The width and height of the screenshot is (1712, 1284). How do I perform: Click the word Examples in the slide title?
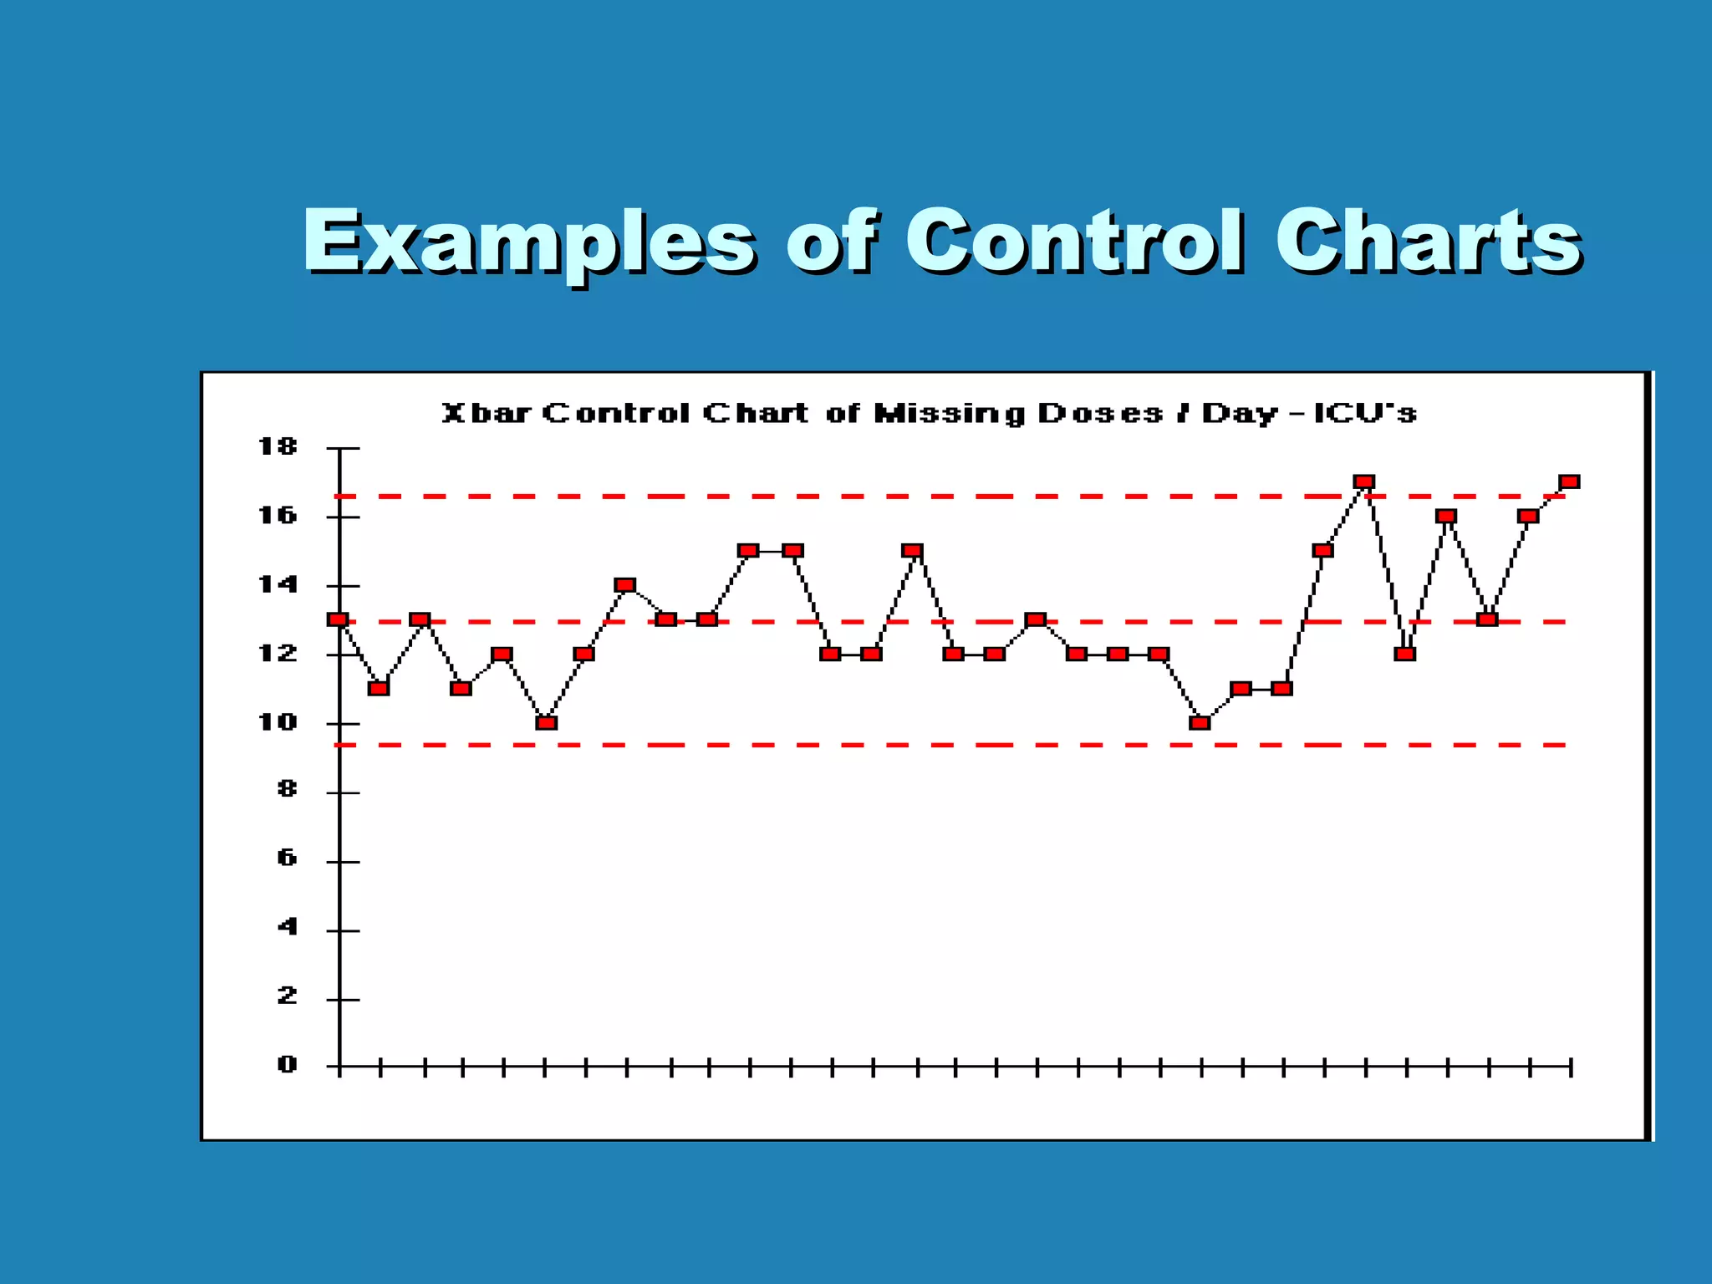pos(528,242)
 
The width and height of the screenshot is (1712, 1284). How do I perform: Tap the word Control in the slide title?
pos(1074,242)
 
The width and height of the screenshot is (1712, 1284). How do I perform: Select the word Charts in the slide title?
pos(1427,242)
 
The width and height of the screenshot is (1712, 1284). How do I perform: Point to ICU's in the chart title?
pos(1365,414)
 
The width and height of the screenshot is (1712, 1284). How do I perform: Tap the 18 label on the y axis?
pos(278,447)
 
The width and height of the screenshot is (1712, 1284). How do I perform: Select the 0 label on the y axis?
pos(287,1065)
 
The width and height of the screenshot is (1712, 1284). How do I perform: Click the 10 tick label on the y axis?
pos(278,722)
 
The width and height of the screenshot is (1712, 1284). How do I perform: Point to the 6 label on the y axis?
pos(287,859)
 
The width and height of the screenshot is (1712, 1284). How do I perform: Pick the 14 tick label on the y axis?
pos(278,585)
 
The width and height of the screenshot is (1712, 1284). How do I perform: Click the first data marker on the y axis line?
pos(338,619)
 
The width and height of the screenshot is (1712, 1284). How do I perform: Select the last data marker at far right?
pos(1569,481)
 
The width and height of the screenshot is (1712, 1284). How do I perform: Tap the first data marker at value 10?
pos(546,722)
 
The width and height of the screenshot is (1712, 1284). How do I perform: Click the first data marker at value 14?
pos(624,584)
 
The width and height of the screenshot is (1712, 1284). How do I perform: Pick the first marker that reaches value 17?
pos(1364,481)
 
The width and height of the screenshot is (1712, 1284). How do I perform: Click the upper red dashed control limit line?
pos(836,497)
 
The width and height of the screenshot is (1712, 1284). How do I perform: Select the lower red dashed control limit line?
pos(836,744)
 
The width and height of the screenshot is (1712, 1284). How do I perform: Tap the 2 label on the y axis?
pos(287,996)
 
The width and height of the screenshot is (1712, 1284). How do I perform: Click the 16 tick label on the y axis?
pos(278,516)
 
